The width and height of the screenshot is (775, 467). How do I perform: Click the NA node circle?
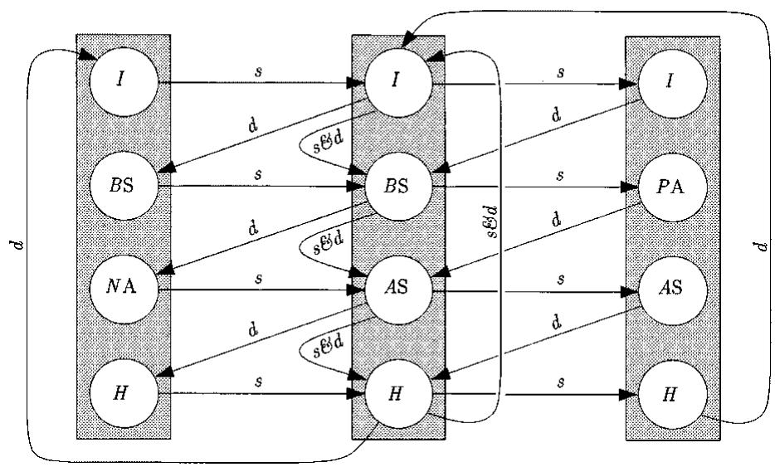(123, 290)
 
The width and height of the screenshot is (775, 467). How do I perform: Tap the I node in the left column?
(123, 83)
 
